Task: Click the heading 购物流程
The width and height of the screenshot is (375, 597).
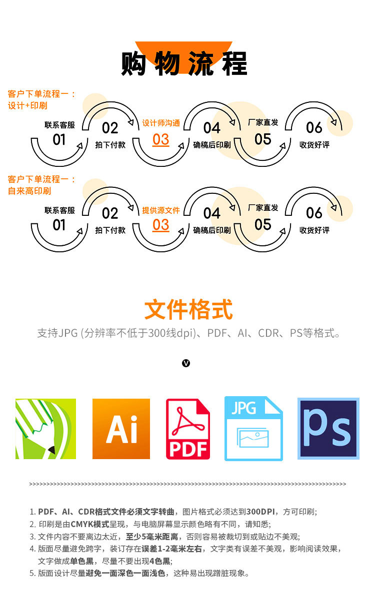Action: (x=184, y=63)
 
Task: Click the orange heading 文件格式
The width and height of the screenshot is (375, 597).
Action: (x=188, y=310)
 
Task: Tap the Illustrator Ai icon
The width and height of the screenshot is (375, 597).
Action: (x=121, y=429)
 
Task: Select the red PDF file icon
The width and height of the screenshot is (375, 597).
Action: (x=188, y=429)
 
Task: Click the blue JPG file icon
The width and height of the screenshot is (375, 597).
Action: (x=253, y=428)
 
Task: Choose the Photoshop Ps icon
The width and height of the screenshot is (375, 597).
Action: (x=328, y=429)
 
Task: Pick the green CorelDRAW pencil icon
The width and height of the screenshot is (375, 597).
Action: (x=45, y=429)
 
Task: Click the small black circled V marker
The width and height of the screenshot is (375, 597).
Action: (x=186, y=363)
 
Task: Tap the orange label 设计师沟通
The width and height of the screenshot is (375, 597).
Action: (x=161, y=123)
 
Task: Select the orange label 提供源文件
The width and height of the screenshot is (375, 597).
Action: (x=161, y=210)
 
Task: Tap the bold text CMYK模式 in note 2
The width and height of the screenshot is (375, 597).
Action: (x=90, y=524)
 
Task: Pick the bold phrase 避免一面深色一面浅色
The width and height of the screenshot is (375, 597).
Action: (x=125, y=573)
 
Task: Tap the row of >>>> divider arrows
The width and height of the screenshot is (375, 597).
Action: (x=187, y=484)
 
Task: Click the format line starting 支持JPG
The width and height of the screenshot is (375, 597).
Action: (x=188, y=333)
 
